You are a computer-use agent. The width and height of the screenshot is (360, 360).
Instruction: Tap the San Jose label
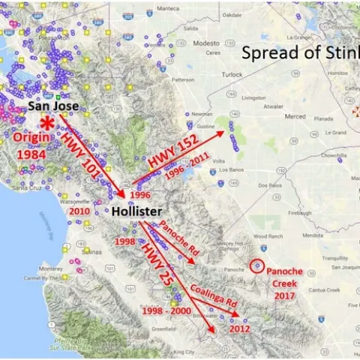[54, 107]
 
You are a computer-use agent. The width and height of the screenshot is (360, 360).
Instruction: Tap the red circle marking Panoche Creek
[257, 265]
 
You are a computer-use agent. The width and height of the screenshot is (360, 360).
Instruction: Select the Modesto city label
[205, 43]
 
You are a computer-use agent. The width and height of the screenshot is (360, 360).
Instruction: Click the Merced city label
[295, 116]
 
